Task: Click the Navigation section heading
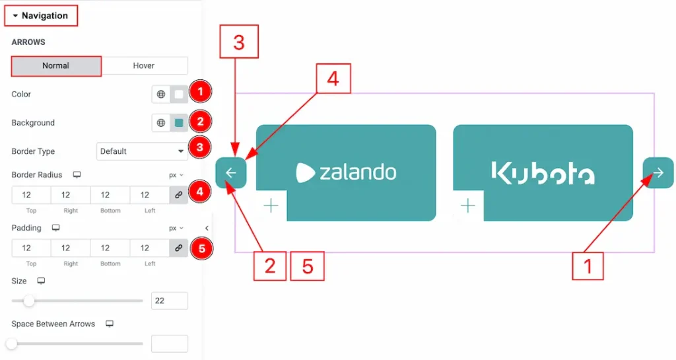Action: point(41,16)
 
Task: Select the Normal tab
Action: point(56,66)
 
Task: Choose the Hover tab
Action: point(144,66)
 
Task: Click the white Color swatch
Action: point(179,94)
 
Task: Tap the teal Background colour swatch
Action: point(179,123)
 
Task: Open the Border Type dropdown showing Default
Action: point(142,151)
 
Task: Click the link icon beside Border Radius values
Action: point(178,195)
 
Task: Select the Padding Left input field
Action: point(150,248)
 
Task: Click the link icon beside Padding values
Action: point(178,248)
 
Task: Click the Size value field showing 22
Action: point(169,301)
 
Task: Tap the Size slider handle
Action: point(29,301)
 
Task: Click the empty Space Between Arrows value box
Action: point(169,343)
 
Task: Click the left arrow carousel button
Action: point(231,173)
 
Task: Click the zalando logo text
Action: point(347,172)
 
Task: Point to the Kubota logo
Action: point(543,172)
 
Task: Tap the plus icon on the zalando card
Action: point(271,206)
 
